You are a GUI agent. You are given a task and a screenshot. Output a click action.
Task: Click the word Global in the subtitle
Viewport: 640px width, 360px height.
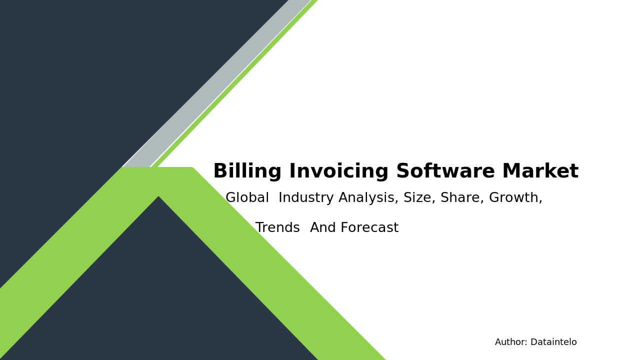247,198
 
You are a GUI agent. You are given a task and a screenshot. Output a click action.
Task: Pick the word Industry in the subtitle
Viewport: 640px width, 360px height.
306,198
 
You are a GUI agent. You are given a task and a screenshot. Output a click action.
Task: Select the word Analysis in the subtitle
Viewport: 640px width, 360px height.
368,198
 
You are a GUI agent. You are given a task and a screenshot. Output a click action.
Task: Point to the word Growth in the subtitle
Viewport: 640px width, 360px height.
515,198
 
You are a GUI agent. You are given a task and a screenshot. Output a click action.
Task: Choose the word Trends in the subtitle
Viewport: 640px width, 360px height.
277,228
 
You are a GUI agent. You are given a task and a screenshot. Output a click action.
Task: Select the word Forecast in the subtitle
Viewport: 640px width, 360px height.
369,228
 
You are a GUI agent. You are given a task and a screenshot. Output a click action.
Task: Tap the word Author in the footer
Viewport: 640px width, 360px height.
510,342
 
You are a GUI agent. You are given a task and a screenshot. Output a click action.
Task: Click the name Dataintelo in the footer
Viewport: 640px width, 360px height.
553,342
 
